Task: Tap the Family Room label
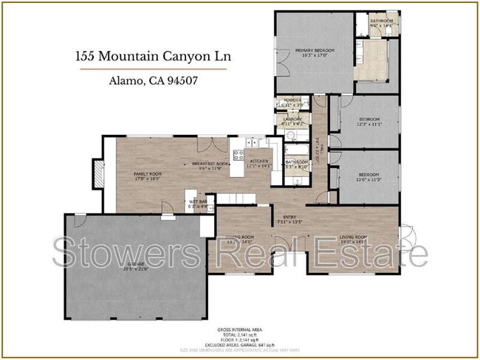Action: [x=147, y=176]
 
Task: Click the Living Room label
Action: [x=354, y=239]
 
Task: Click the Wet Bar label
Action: [x=198, y=204]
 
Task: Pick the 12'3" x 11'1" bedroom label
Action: [x=368, y=122]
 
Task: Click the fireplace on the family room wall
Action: [x=97, y=173]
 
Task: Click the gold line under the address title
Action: [x=153, y=69]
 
